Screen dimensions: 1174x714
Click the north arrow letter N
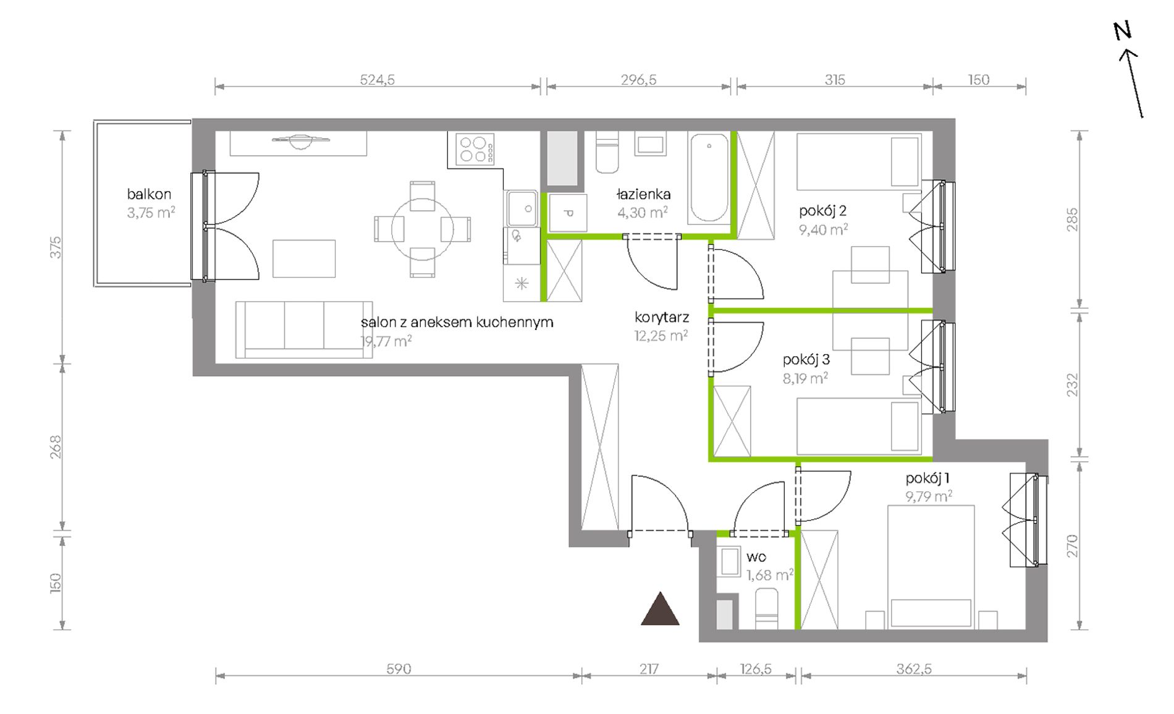[1122, 31]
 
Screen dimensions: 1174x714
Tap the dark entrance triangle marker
[660, 609]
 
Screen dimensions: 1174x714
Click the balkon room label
[149, 194]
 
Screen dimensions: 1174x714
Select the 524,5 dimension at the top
[377, 80]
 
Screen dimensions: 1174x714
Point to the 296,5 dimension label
[638, 80]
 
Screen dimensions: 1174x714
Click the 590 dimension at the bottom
[399, 669]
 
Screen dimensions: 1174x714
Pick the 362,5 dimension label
[913, 669]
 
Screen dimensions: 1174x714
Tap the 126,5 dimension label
[756, 669]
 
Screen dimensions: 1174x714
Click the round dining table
[423, 229]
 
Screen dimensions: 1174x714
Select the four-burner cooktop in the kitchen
[475, 149]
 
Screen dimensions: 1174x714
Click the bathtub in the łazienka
[709, 178]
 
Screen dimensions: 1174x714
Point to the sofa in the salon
[304, 329]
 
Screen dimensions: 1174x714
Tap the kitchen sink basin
[523, 208]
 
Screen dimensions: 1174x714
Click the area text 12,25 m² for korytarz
[661, 335]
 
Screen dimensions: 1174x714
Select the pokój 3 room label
[806, 359]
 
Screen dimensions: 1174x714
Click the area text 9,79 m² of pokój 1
[929, 496]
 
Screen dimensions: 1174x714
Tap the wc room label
[756, 557]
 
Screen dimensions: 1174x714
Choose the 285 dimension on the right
[1072, 219]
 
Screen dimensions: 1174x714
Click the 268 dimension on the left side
[56, 447]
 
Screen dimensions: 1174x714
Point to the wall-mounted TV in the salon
[300, 141]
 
